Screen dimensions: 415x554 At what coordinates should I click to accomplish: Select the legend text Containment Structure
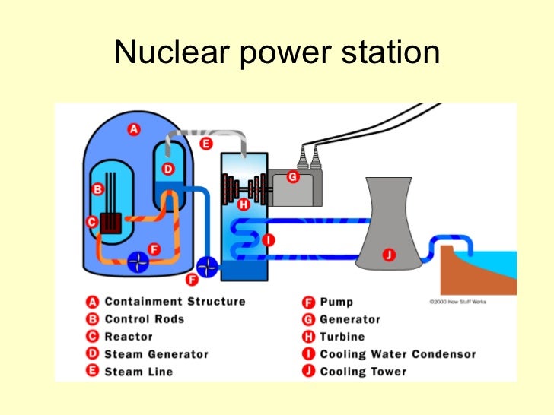[x=175, y=302]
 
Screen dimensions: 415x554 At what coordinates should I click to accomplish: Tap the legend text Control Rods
[x=145, y=319]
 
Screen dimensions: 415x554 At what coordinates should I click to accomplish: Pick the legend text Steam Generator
[x=156, y=354]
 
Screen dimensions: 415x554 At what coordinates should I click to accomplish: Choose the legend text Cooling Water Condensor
[x=397, y=354]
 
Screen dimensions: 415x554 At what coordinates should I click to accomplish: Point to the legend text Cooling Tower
[x=363, y=372]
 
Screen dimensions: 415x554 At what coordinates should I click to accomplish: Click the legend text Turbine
[x=342, y=337]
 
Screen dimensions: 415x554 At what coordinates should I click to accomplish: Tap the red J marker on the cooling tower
[x=388, y=255]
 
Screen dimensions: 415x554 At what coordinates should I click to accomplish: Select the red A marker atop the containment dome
[x=134, y=130]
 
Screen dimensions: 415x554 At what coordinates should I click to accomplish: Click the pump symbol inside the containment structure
[x=137, y=261]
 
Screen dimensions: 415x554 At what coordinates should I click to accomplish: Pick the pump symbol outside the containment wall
[x=207, y=267]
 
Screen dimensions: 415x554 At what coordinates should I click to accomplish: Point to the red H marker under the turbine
[x=243, y=204]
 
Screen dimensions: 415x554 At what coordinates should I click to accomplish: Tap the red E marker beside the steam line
[x=205, y=143]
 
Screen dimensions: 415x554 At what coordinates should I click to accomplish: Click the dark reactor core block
[x=113, y=223]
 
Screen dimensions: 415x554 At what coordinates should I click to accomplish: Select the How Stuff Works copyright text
[x=457, y=302]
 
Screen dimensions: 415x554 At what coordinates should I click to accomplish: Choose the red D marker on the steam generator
[x=168, y=169]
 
